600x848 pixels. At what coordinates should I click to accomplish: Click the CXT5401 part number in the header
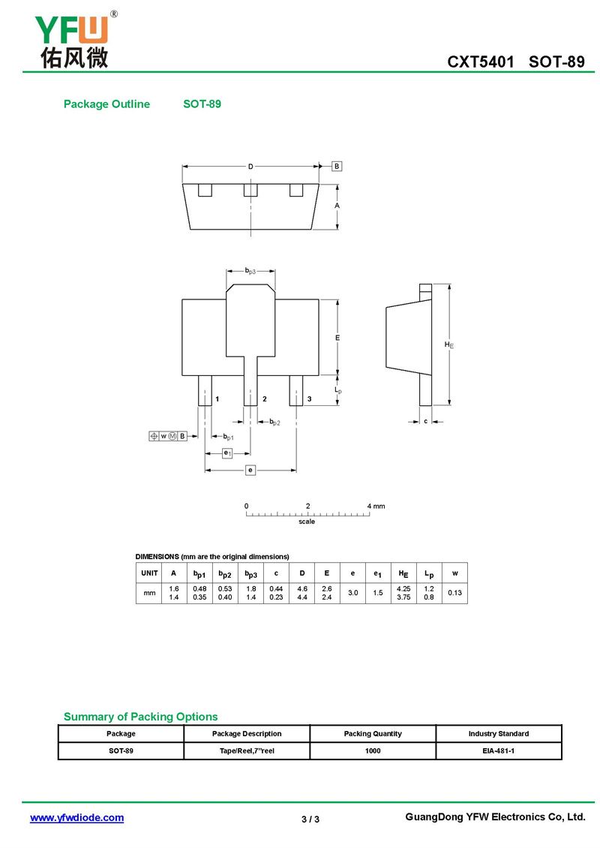pos(481,62)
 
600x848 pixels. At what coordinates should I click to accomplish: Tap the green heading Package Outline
pos(106,104)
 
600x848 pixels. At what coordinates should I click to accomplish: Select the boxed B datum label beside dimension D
pos(337,166)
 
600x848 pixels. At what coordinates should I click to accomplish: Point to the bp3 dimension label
pos(250,270)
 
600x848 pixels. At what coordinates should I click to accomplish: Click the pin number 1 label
pos(217,398)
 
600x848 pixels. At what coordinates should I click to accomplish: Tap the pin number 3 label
pos(309,398)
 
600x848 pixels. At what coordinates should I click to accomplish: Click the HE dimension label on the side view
pos(448,344)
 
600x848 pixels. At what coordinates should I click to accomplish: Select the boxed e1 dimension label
pos(227,453)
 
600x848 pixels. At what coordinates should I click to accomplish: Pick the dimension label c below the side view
pos(426,421)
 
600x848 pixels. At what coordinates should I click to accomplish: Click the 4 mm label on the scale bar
pos(376,507)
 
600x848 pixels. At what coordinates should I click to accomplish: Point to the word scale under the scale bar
pos(307,522)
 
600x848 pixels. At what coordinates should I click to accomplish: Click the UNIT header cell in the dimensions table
pos(150,573)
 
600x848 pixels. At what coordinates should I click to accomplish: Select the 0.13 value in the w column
pos(455,593)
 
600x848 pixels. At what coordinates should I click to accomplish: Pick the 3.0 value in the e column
pos(353,593)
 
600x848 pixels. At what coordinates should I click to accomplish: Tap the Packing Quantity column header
pos(373,734)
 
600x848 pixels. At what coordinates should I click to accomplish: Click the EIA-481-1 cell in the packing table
pos(499,750)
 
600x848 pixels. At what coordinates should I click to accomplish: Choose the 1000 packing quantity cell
pos(373,750)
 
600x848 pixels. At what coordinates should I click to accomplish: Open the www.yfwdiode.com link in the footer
pos(76,818)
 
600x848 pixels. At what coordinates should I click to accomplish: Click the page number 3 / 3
pos(310,819)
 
